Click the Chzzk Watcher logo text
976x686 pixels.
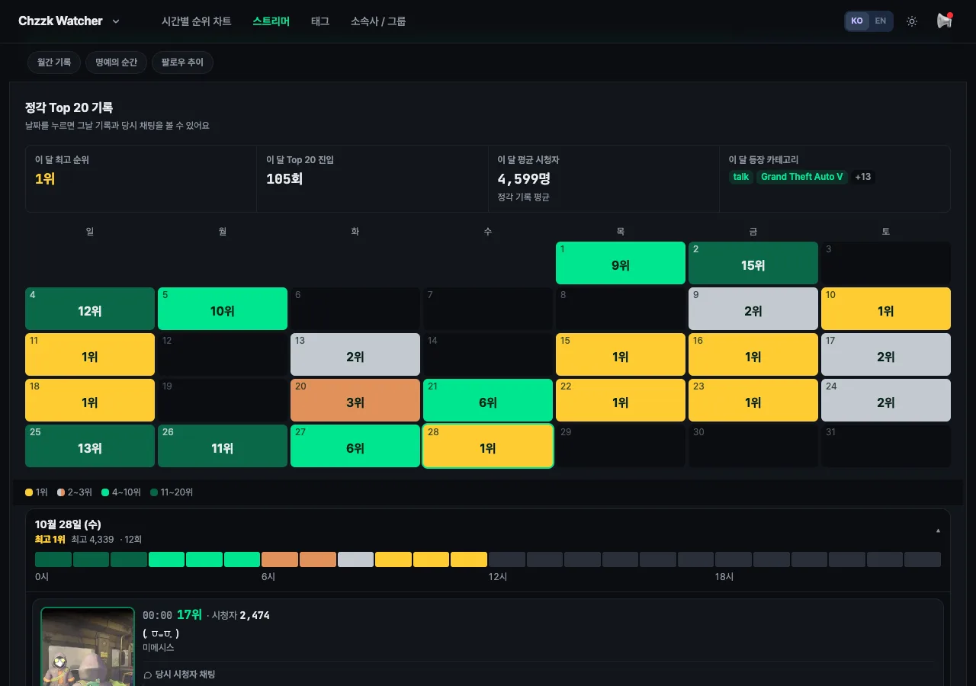coord(60,21)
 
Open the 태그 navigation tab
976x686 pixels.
coord(319,21)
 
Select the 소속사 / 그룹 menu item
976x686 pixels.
coord(377,21)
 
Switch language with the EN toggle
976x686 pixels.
coord(880,21)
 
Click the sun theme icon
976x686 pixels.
coord(911,21)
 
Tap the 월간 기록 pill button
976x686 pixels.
coord(54,63)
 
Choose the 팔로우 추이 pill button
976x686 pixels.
coord(182,63)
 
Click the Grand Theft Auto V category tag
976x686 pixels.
coord(801,177)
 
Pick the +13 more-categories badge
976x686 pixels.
coord(862,177)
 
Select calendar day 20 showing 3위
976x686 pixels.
coord(355,400)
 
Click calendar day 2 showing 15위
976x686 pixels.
coord(753,263)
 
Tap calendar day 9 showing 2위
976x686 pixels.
coord(753,309)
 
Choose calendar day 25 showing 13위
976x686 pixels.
coord(90,446)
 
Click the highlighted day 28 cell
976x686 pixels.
coord(487,446)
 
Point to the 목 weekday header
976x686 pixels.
coord(621,231)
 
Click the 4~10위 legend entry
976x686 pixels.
coord(121,492)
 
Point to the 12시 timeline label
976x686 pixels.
coord(498,577)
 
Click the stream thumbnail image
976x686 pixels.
coord(88,646)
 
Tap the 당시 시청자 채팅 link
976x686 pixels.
coord(179,675)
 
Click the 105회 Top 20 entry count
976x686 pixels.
coord(284,178)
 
